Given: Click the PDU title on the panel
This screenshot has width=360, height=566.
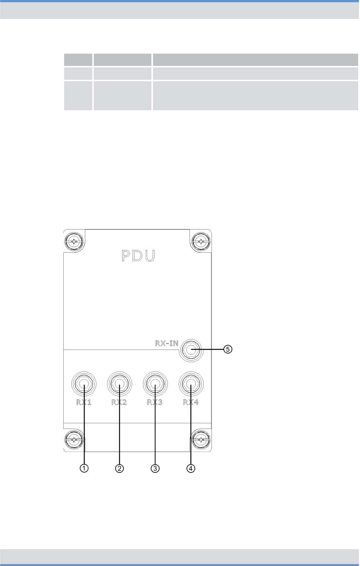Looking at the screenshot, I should coord(138,256).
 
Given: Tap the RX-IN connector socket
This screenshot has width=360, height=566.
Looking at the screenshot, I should coord(191,350).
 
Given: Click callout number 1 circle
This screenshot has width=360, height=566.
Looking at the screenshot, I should coord(84,468).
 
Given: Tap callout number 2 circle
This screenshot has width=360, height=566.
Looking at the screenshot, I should coord(119,468).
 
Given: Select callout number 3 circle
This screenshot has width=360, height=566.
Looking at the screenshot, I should coord(155,468).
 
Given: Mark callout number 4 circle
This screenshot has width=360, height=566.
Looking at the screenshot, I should coord(191,468).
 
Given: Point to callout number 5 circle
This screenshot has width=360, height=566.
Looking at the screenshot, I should coord(227,350).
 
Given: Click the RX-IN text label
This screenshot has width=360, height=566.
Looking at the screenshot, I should coord(166,343).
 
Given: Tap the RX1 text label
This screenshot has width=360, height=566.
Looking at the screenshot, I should coord(84,402).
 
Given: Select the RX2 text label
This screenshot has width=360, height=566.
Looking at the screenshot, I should coord(119,402).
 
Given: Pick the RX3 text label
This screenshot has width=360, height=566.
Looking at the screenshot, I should coord(155,402).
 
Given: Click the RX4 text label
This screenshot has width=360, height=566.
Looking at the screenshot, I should coord(191,402).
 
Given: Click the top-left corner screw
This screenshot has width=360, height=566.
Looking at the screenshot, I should coord(74,241).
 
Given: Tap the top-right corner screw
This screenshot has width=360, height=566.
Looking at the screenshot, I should coord(201,241).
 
